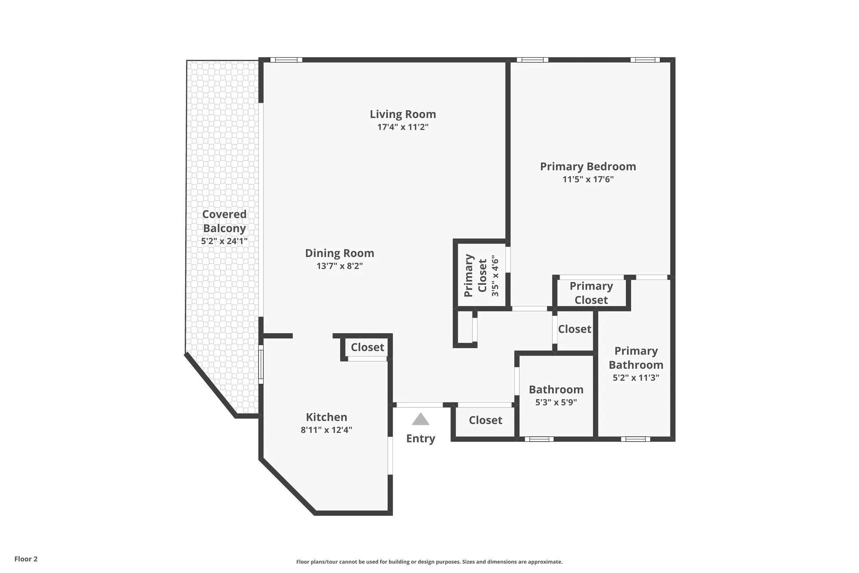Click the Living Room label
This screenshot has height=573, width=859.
(x=402, y=114)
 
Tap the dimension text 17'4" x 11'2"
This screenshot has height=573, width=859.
(x=402, y=127)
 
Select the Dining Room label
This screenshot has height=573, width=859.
(x=339, y=253)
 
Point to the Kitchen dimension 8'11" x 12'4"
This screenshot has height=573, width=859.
(x=326, y=430)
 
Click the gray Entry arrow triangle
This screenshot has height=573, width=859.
(x=420, y=420)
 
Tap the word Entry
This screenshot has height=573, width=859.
(x=420, y=438)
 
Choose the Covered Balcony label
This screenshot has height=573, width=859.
(x=224, y=221)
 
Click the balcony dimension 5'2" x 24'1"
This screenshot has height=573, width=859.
(x=224, y=241)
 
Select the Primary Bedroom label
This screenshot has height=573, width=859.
(x=588, y=167)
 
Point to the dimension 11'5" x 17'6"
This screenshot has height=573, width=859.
(x=588, y=179)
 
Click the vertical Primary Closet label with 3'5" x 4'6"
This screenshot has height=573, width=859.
(x=481, y=276)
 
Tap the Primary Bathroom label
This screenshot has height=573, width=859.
(x=636, y=358)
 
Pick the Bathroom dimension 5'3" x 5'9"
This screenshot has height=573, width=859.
(x=556, y=402)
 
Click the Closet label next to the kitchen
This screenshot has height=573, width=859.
(x=367, y=347)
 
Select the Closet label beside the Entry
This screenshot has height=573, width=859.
(x=485, y=420)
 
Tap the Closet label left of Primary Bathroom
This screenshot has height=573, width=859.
(x=574, y=329)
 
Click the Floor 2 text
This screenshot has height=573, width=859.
(x=26, y=559)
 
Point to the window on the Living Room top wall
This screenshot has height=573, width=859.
(x=286, y=60)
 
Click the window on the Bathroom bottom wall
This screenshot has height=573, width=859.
(x=539, y=439)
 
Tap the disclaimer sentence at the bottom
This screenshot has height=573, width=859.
(x=429, y=562)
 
